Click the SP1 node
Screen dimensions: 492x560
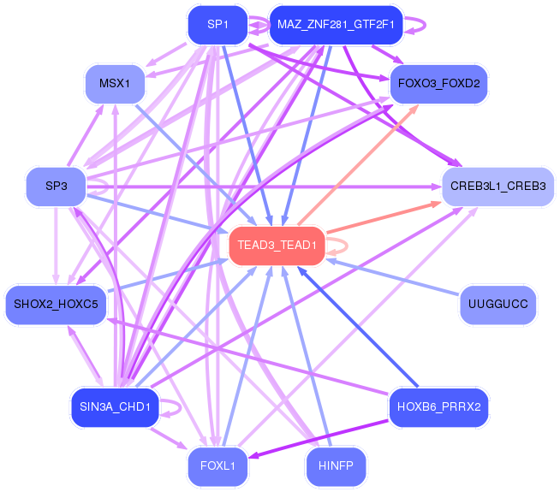[217, 24]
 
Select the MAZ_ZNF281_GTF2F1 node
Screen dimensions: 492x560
[336, 24]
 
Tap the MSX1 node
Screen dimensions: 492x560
[114, 84]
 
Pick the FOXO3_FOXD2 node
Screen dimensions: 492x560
[438, 84]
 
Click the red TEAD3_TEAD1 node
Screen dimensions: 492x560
[277, 245]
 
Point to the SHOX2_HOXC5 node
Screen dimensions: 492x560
[56, 304]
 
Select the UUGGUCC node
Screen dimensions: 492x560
[497, 304]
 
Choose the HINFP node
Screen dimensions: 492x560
[336, 466]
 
